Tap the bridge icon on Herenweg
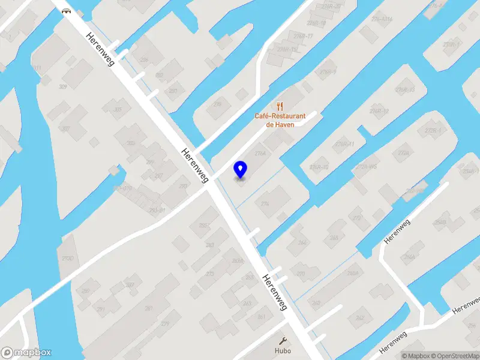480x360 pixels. (65, 10)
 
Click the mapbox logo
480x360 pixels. (26, 353)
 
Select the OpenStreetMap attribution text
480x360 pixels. (454, 356)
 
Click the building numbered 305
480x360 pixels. (118, 109)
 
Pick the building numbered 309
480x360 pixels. (62, 87)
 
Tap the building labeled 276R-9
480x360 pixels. (328, 72)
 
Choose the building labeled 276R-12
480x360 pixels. (379, 111)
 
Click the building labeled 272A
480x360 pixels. (403, 154)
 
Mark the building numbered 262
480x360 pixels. (360, 317)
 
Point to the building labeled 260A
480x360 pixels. (352, 273)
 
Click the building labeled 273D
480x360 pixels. (68, 258)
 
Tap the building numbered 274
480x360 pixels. (265, 204)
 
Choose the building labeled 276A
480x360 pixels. (260, 154)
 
